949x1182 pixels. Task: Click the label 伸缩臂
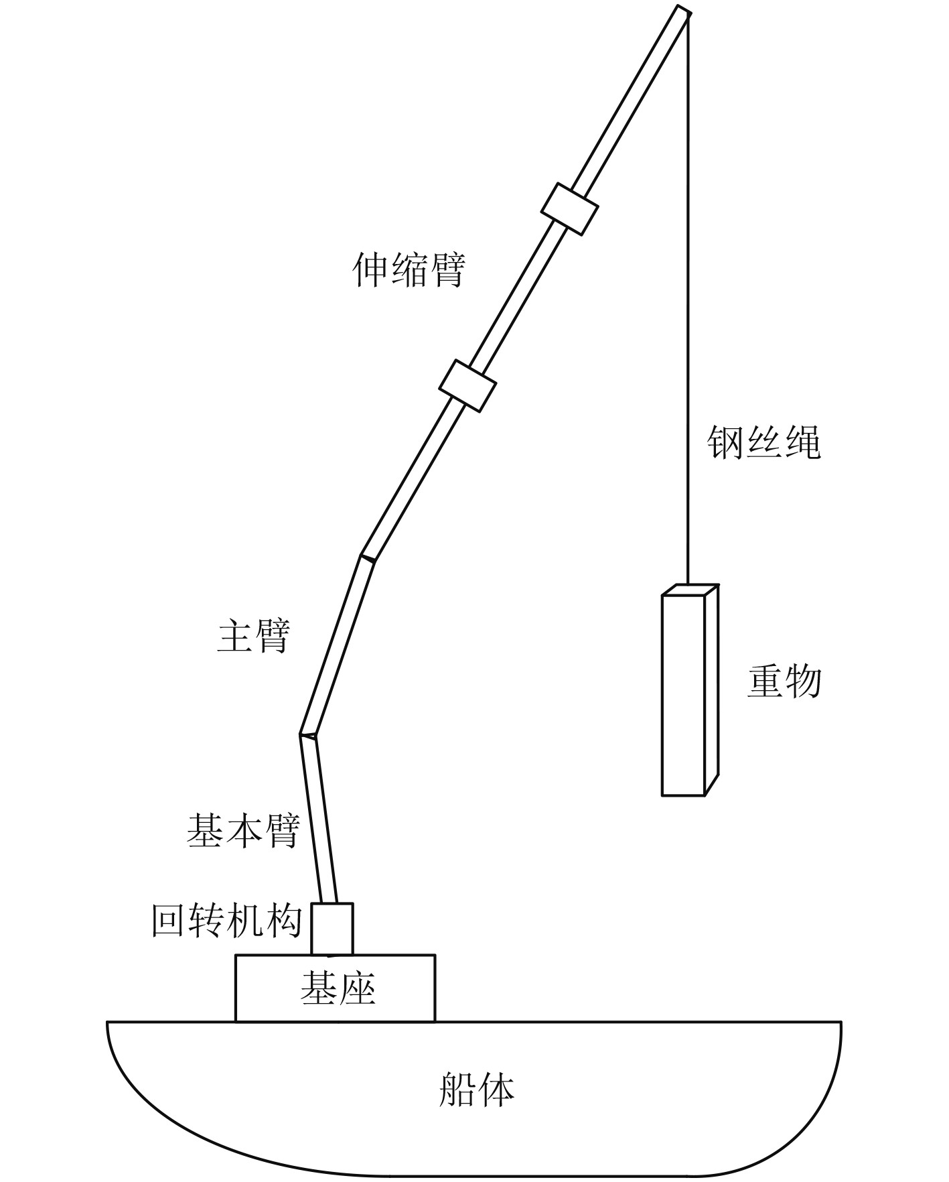[x=409, y=270]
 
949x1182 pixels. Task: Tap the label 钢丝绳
[x=764, y=442]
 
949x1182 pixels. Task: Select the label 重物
[x=784, y=681]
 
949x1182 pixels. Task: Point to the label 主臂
[x=253, y=636]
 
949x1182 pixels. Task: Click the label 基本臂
[x=242, y=832]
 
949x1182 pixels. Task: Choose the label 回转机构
[x=226, y=921]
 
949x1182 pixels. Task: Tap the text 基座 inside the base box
[x=338, y=989]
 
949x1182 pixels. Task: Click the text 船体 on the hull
[x=476, y=1090]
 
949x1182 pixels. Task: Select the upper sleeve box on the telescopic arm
[x=569, y=208]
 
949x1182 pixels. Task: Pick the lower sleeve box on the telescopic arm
[x=467, y=385]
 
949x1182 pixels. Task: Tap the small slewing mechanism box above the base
[x=332, y=929]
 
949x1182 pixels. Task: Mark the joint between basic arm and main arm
[x=309, y=734]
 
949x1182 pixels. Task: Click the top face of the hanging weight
[x=690, y=590]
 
